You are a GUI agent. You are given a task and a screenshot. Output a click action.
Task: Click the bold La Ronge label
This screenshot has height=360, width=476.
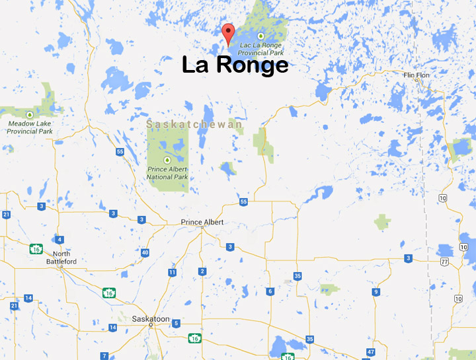click(x=235, y=65)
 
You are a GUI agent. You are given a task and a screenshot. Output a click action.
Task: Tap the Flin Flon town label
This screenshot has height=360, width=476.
click(x=416, y=75)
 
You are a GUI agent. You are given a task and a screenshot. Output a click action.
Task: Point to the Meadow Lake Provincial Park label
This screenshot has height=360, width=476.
click(x=30, y=127)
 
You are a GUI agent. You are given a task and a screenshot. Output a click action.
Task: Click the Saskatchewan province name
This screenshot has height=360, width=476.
click(x=194, y=124)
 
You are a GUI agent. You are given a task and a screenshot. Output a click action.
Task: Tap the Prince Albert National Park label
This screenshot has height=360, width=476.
click(x=168, y=173)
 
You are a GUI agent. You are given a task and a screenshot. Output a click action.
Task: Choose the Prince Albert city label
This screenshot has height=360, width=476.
click(x=202, y=222)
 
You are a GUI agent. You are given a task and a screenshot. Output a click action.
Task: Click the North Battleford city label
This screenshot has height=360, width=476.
click(x=64, y=258)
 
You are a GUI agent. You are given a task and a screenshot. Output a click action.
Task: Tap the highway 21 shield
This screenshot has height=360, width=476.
click(x=6, y=215)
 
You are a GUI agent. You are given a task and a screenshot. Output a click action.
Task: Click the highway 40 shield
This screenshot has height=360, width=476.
click(x=145, y=252)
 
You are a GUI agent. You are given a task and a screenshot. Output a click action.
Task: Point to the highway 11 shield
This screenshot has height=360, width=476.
click(x=172, y=272)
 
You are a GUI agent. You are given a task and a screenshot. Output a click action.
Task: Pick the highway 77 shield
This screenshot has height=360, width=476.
click(x=444, y=262)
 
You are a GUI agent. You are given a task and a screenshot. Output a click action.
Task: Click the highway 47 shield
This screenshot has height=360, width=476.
click(x=371, y=351)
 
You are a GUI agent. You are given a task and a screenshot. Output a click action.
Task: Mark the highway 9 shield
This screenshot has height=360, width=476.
click(x=376, y=291)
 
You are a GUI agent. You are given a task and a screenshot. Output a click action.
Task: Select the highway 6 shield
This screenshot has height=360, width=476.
click(x=270, y=291)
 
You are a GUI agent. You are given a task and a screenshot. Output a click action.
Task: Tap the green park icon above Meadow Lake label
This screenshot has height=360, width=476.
click(x=29, y=115)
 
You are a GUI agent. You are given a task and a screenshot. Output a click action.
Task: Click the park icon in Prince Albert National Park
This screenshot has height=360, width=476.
click(x=167, y=160)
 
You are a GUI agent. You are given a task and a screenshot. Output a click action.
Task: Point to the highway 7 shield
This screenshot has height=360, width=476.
click(x=104, y=355)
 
